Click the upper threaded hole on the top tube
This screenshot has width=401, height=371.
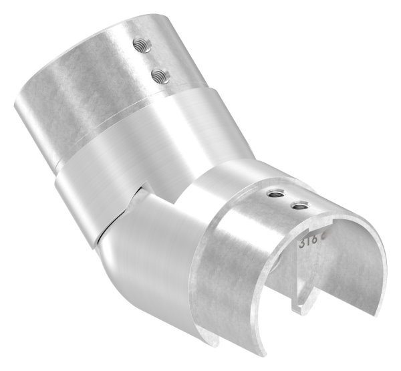pos(142,46)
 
